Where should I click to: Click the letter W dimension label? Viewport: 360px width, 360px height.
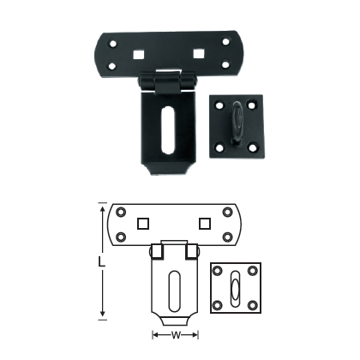(x=173, y=335)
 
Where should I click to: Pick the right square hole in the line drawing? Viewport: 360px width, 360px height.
(x=204, y=224)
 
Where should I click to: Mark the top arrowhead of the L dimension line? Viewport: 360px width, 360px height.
(x=105, y=208)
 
